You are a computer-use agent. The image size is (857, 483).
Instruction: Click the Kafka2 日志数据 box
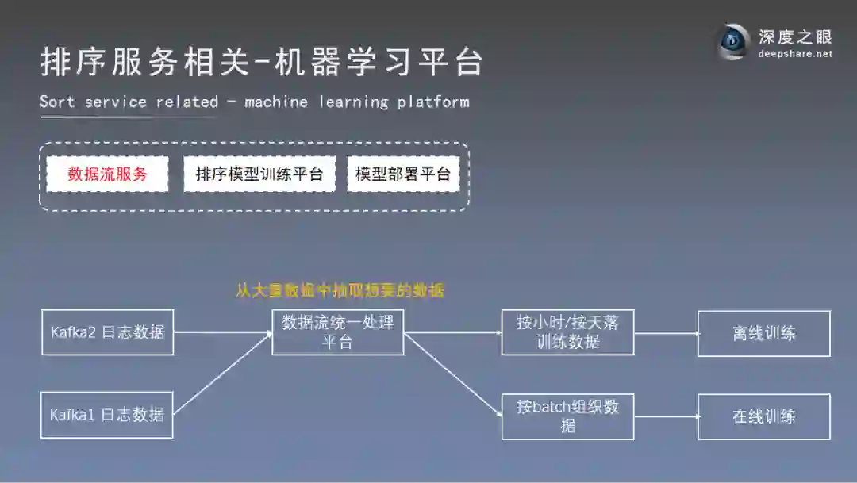[x=107, y=332]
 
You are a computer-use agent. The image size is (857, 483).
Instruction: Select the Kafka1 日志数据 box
[x=107, y=415]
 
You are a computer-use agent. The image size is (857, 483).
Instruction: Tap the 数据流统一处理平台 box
[x=338, y=332]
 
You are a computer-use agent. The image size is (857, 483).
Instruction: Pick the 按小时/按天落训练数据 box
[x=568, y=332]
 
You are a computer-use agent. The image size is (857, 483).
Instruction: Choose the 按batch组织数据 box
[x=568, y=416]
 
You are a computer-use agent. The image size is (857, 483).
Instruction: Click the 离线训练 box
[x=764, y=333]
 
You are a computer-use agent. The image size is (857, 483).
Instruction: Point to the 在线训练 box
[x=764, y=416]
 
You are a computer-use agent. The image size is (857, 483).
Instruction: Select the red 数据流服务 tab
[x=107, y=174]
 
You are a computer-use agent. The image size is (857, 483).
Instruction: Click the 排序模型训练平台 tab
[x=259, y=174]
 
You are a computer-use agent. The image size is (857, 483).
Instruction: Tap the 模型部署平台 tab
[x=403, y=174]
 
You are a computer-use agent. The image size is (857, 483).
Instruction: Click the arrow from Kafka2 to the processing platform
[x=223, y=332]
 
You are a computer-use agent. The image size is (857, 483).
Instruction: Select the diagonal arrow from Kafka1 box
[x=223, y=373]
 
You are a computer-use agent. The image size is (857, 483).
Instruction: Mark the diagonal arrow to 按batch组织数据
[x=453, y=374]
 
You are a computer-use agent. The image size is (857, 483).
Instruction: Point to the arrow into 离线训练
[x=667, y=333]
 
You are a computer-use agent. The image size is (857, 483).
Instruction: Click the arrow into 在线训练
[x=667, y=416]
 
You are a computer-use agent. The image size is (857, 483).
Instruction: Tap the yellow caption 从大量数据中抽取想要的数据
[x=340, y=290]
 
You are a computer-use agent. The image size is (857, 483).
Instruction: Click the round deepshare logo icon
[x=733, y=41]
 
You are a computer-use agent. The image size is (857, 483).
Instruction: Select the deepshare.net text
[x=795, y=54]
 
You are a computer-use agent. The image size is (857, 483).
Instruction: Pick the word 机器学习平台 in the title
[x=379, y=63]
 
